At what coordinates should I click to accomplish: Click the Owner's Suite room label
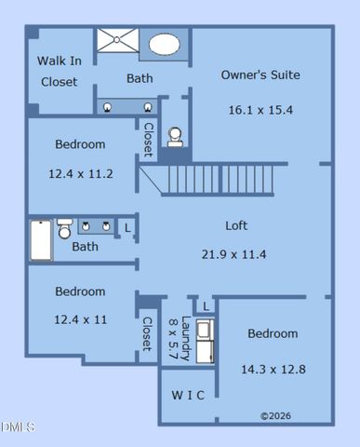260,74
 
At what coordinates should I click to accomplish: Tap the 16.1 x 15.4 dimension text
260,109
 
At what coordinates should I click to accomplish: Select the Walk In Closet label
59,71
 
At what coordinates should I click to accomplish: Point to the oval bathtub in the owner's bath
165,44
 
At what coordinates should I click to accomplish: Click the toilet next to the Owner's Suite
174,137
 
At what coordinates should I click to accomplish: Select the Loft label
236,225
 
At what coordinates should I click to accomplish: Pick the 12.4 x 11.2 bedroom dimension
80,173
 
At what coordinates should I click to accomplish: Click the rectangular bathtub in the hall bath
41,239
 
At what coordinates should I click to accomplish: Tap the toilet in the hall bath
65,228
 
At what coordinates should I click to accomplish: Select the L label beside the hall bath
127,226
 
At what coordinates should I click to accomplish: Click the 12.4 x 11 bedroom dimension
80,319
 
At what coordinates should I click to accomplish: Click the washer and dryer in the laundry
204,341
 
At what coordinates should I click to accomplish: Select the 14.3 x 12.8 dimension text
273,369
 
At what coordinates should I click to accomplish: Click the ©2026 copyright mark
275,415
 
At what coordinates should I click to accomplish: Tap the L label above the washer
206,305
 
